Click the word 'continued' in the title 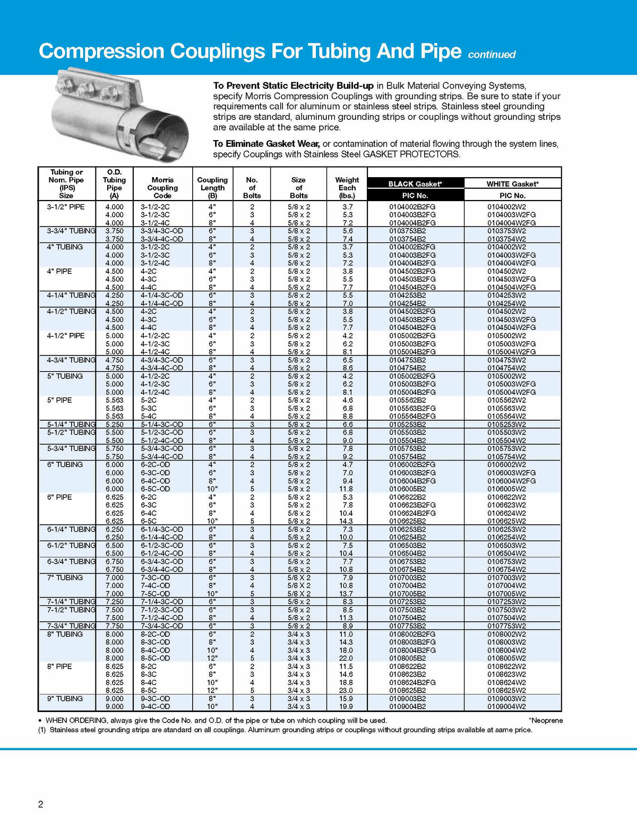point(492,55)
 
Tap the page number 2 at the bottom point(41,804)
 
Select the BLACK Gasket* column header point(415,184)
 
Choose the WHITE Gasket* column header point(512,184)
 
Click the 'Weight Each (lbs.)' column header point(347,188)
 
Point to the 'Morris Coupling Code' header point(162,188)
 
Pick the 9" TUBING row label point(65,698)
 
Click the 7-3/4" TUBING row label point(71,626)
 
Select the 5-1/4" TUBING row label point(71,424)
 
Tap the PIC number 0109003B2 point(408,698)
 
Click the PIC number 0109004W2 point(506,707)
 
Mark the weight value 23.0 point(346,690)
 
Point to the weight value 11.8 point(346,489)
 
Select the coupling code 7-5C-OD point(156,594)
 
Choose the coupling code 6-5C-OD point(156,489)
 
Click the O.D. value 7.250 point(114,602)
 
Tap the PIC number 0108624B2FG point(412,682)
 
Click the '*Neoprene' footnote point(546,721)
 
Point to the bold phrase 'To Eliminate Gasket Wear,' point(266,144)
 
